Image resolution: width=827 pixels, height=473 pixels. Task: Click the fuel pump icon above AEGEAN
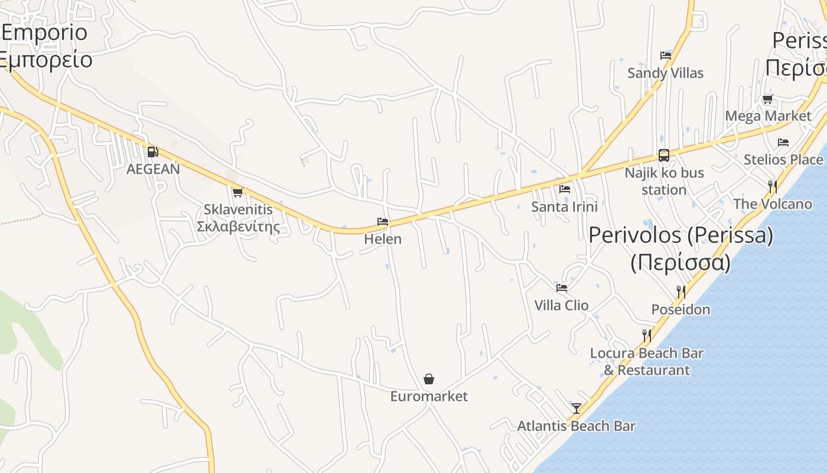coord(152,152)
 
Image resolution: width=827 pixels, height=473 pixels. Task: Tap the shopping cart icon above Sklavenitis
coord(237,192)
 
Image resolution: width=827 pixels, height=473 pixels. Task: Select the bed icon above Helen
coord(383,222)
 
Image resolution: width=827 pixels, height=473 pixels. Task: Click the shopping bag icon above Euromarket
coord(429,379)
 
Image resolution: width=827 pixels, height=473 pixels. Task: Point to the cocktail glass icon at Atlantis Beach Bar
coord(577,408)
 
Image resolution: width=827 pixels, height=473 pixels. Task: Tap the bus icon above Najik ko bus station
coord(664,155)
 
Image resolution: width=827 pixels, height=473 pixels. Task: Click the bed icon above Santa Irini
coord(565,189)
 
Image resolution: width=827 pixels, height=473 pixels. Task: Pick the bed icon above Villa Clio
coord(562,288)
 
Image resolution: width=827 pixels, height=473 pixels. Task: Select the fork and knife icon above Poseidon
coord(681,292)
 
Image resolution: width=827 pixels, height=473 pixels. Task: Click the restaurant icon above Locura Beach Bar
coord(647,336)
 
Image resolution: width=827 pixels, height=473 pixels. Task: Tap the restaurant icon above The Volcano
coord(772,187)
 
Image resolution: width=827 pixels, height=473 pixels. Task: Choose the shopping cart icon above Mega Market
coord(767,99)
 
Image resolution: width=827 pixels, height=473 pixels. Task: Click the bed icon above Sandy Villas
coord(666,56)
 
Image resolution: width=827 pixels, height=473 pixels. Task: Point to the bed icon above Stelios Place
coord(783,142)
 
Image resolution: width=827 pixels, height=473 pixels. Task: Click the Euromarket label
coord(429,396)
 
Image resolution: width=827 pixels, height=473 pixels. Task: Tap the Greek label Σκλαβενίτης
coord(238,226)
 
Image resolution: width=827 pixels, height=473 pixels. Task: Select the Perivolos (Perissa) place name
coord(681,235)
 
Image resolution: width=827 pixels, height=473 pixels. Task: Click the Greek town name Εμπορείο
coord(46,60)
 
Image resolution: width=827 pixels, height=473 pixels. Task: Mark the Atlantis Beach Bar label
coord(577,426)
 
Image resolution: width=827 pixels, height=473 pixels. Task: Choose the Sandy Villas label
coord(666,73)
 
